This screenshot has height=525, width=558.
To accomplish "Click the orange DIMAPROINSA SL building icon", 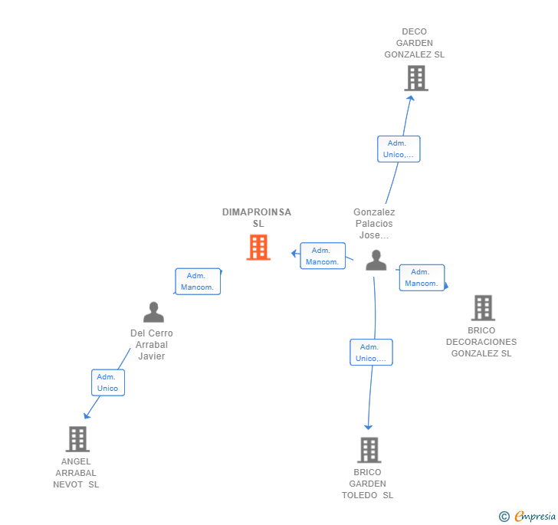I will pos(258,248).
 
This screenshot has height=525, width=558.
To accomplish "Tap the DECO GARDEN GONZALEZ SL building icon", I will pos(415,78).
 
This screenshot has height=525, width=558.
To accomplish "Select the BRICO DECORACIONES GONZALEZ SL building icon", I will pos(483,308).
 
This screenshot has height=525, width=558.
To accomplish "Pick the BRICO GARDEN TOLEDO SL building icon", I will pos(369,450).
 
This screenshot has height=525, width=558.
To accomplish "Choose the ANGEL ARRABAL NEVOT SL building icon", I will pos(77,439).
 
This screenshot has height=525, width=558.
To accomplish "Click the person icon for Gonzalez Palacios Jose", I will pos(376,261).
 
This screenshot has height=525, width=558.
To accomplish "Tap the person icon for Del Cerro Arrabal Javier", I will pos(153,312).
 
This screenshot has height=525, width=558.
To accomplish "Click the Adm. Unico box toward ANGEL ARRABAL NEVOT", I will pos(108,382).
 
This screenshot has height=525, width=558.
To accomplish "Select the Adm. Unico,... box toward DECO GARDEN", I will pos(399,149).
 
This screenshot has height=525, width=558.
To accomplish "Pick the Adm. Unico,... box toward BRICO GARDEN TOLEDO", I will pos(371,353).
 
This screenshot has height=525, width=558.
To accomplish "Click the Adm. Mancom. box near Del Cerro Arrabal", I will pos(198,282).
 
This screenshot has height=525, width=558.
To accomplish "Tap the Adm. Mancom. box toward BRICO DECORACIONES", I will pos(422,277).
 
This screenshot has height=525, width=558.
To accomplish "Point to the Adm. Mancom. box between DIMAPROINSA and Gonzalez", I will pos(323,256).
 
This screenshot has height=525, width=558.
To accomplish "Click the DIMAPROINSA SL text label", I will pos(257,218).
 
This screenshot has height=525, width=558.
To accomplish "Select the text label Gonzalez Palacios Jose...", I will pos(374,224).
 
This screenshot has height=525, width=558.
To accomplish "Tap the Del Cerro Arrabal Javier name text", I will pos(152,345).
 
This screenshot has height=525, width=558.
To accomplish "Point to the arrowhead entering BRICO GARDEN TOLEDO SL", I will pos(369,426).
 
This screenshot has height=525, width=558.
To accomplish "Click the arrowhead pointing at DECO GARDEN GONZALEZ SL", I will pos(411,97).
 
